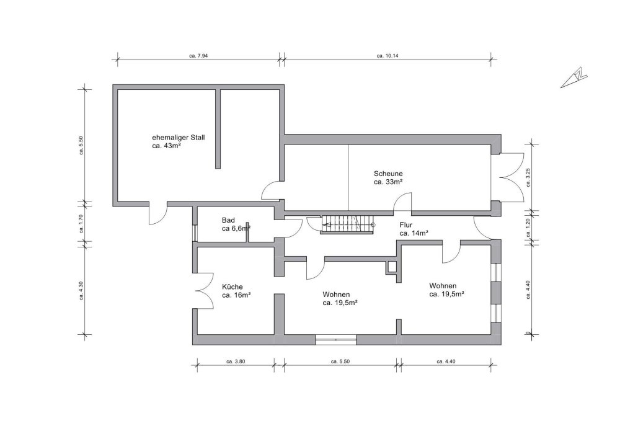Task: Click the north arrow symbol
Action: (x=573, y=78)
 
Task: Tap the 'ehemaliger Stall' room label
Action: (x=179, y=138)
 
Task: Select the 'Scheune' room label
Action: (x=388, y=174)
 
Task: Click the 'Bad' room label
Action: (x=228, y=220)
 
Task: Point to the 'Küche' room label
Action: (x=232, y=286)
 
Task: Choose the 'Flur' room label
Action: (x=406, y=225)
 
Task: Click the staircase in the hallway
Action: (x=347, y=225)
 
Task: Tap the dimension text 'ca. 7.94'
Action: (x=198, y=56)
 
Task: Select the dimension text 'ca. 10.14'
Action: (x=387, y=56)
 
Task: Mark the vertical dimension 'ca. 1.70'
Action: (x=81, y=223)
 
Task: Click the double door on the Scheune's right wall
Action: (x=508, y=177)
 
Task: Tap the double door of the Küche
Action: (x=204, y=292)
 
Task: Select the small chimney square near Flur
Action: (x=391, y=267)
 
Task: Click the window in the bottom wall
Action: (x=335, y=339)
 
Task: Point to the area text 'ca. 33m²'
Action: (x=388, y=182)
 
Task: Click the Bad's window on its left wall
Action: (x=195, y=233)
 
